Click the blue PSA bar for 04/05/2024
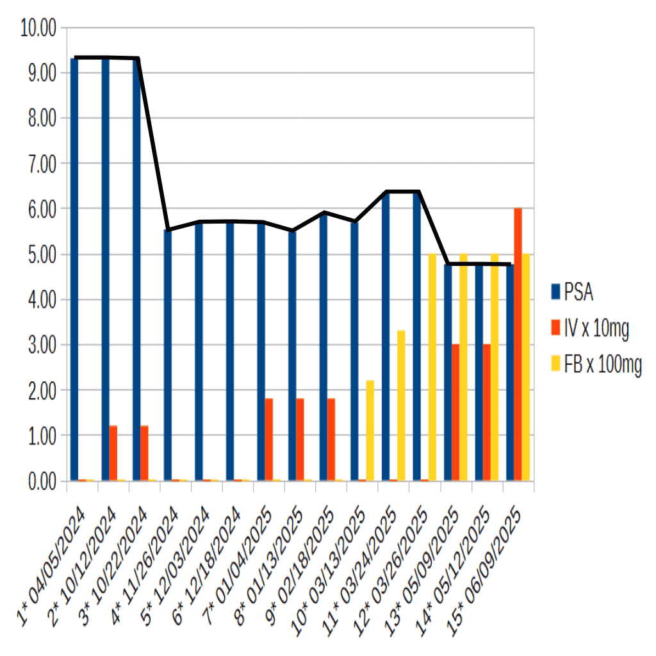click(74, 269)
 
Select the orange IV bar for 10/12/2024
click(113, 453)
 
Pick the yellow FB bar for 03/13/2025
click(370, 430)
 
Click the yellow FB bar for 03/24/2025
click(402, 406)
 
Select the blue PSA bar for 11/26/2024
click(168, 355)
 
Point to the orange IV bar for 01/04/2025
click(269, 439)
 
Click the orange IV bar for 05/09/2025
click(455, 413)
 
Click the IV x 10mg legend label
click(596, 329)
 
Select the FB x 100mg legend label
click(602, 366)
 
